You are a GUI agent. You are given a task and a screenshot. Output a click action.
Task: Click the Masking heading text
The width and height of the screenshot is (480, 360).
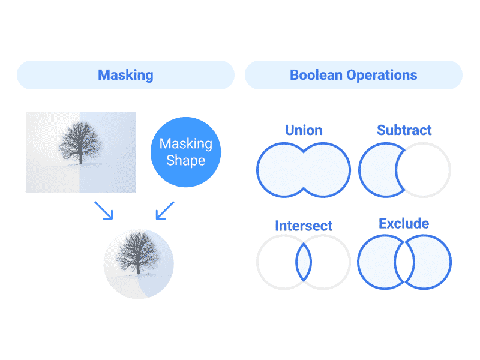point(125,75)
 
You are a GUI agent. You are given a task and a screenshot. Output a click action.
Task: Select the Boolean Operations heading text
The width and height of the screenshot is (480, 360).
point(353,75)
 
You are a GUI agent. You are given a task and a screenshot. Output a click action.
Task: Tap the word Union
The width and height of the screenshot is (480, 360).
point(304,130)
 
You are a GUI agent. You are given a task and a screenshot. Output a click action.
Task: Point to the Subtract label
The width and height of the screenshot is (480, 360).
point(404,130)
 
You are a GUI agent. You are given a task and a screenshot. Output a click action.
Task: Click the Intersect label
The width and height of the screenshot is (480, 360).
point(304,226)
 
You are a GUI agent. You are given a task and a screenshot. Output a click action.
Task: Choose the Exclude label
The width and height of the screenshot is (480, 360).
point(404,224)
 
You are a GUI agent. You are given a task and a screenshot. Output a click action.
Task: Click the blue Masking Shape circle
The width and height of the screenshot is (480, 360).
point(185,152)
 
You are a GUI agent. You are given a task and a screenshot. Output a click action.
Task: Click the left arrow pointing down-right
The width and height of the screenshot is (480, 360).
point(104,210)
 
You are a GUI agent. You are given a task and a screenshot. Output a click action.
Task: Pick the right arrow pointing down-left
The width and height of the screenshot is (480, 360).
point(164,210)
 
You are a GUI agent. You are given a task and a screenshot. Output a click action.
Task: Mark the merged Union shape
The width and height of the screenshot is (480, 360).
point(304,170)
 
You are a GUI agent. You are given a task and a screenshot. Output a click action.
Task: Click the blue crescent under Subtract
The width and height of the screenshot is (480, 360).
point(377,170)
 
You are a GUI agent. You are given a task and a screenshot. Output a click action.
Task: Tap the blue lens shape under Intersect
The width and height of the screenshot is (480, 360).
point(304,263)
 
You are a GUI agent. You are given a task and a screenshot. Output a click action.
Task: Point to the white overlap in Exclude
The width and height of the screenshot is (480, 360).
point(404,263)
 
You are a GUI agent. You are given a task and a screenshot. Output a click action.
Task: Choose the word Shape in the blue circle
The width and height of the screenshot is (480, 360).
point(185,161)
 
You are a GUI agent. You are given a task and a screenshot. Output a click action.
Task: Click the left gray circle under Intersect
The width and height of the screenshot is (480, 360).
point(276,263)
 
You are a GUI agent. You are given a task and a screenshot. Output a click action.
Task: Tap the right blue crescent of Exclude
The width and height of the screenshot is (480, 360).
point(432,263)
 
